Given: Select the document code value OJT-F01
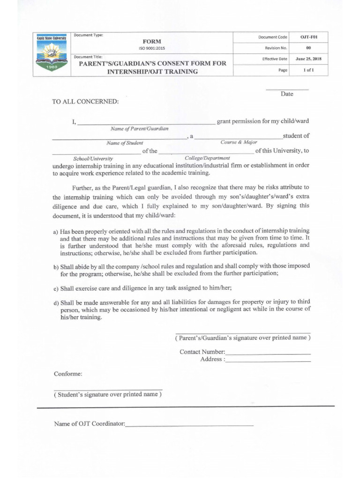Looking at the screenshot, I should click(x=308, y=37).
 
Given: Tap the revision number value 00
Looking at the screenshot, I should click(x=308, y=48).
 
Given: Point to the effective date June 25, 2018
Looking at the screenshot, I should click(x=308, y=59).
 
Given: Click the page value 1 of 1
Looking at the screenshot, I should click(x=308, y=70).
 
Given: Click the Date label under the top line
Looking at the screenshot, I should click(x=287, y=94).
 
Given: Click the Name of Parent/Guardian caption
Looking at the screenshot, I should click(x=140, y=128).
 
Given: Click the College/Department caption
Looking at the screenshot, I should click(x=207, y=158).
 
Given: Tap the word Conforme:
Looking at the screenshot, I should click(x=68, y=374).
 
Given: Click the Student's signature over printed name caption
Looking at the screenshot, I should click(x=108, y=394).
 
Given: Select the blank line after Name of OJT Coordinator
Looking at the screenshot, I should click(x=189, y=425).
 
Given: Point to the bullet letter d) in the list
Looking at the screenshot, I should click(x=55, y=302).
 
